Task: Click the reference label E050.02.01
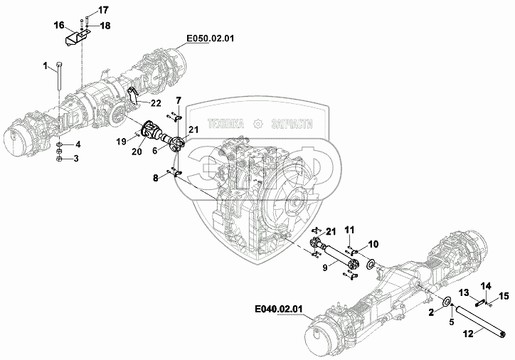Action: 211,38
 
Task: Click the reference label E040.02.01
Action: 279,309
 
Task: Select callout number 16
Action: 59,25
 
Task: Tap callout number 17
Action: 103,11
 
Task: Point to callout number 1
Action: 46,66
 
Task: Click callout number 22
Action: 156,103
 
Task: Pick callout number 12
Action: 468,334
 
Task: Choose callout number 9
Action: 325,268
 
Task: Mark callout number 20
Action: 137,152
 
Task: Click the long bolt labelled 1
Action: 58,75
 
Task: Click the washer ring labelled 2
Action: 447,301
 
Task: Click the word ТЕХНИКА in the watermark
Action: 226,124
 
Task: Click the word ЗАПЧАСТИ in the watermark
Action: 292,124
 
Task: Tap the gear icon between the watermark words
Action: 258,124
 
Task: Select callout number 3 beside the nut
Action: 76,159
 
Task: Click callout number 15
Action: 504,297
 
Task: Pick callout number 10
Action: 373,244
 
